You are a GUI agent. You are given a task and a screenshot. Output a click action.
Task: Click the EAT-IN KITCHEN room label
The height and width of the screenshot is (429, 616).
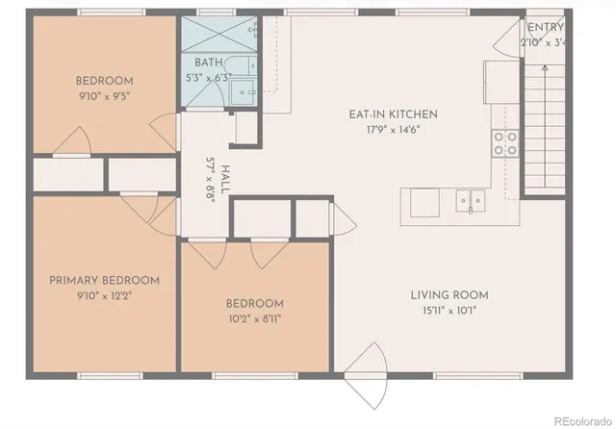click(385, 114)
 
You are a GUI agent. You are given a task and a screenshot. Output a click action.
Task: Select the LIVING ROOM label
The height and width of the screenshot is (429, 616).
click(449, 294)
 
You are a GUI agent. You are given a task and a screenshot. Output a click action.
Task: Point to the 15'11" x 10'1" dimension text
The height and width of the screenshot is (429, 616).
click(449, 310)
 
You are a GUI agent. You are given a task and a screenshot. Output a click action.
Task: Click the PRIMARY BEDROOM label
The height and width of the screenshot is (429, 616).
click(104, 280)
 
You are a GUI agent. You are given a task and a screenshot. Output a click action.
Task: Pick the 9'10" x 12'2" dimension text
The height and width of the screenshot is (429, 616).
click(104, 295)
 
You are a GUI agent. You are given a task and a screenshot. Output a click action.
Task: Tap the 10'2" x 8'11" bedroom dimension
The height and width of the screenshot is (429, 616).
click(254, 317)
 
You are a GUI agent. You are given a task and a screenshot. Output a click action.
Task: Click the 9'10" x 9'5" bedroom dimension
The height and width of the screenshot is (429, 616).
click(104, 95)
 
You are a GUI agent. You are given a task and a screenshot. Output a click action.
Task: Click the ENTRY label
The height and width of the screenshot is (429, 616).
click(546, 28)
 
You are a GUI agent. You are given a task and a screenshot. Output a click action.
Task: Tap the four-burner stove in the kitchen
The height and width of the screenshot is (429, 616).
click(504, 143)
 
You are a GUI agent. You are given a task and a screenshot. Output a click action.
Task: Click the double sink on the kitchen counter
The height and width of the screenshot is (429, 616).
click(471, 201)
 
